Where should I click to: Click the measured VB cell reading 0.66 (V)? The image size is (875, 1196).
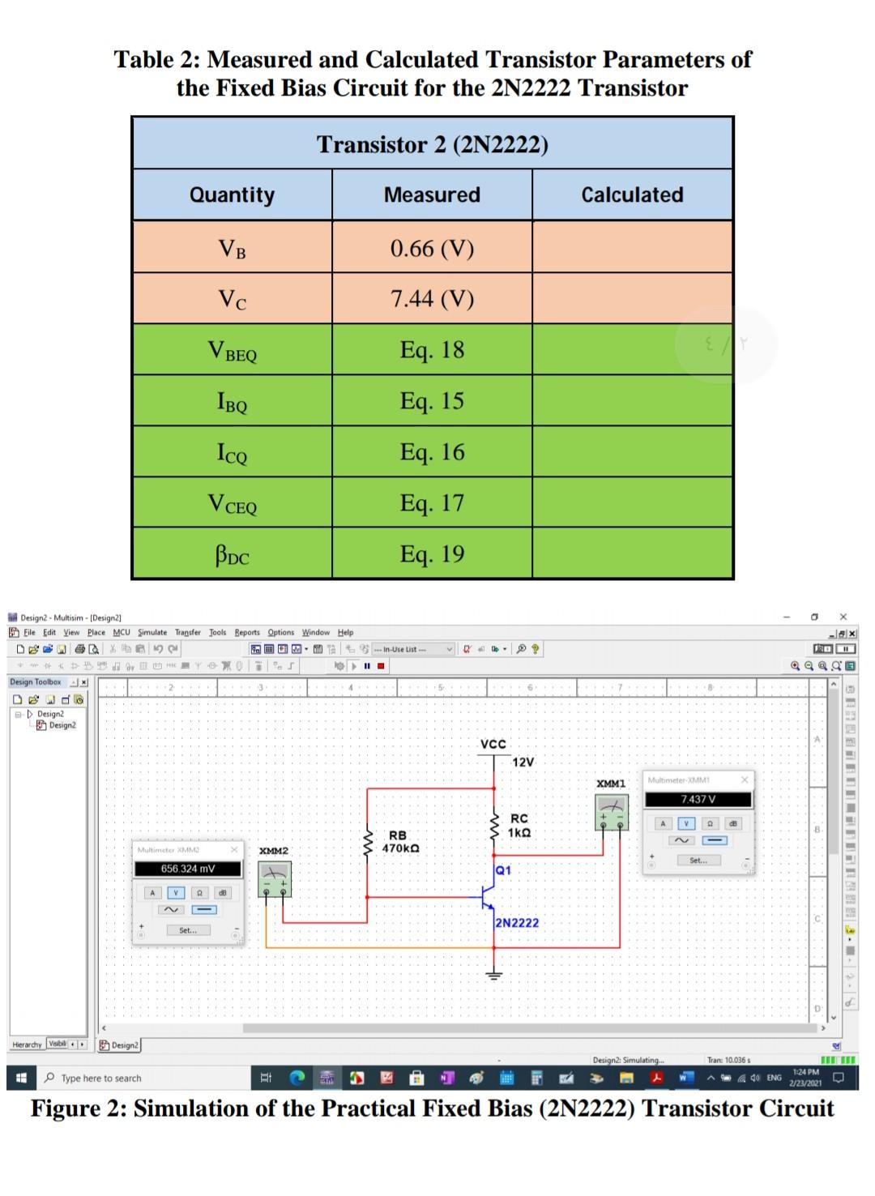(432, 248)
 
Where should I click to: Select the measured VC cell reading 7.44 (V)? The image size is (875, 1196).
(432, 299)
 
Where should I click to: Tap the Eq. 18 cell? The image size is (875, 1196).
(432, 350)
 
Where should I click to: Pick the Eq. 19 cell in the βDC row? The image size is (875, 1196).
(432, 554)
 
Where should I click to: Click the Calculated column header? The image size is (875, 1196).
(632, 195)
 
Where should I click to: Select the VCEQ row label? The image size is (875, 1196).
(232, 504)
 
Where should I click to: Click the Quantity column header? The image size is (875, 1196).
(232, 195)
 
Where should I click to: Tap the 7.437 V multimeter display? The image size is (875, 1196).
(698, 799)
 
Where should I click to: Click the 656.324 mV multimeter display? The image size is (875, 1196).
(188, 869)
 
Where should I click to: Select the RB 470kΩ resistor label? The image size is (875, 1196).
(399, 841)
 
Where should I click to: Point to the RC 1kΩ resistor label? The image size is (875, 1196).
(519, 826)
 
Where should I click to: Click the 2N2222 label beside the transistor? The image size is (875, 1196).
(517, 923)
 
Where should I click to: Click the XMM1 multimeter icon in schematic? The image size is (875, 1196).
(612, 811)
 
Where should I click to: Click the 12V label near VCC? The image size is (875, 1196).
(523, 762)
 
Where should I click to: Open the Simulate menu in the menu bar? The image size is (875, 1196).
(152, 632)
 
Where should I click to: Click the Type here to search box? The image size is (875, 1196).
(101, 1079)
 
